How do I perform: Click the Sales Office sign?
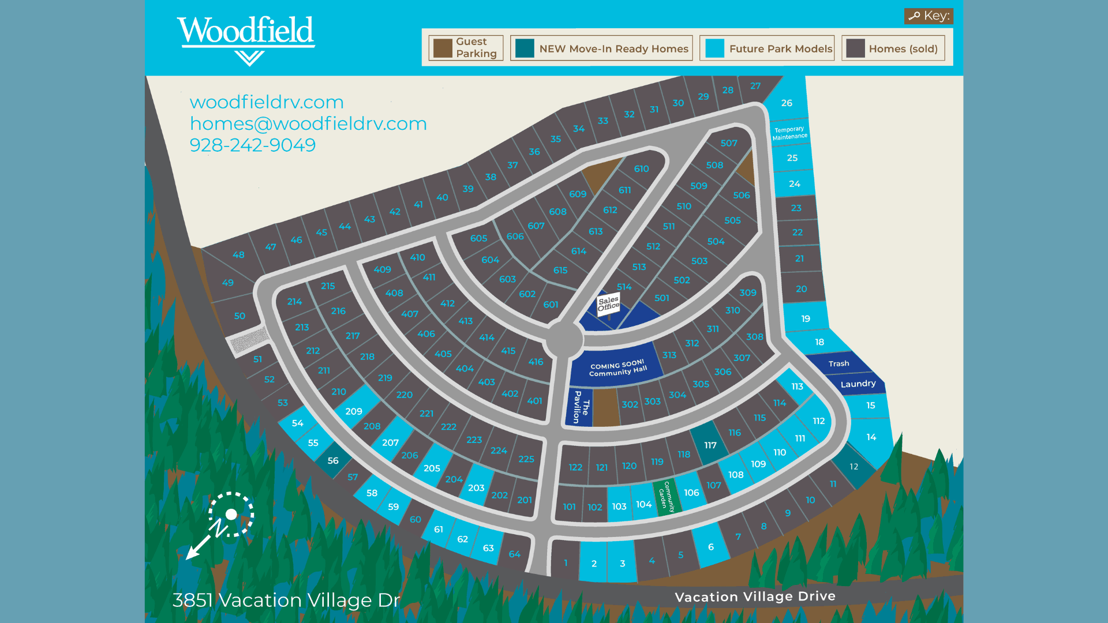(x=608, y=303)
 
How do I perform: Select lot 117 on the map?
(x=710, y=445)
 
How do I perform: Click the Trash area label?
(x=839, y=363)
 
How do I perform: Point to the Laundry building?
(x=858, y=384)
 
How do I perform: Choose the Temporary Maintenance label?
(x=789, y=133)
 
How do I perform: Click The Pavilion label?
(x=581, y=407)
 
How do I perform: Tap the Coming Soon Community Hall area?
(x=617, y=368)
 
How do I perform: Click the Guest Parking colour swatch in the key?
(x=443, y=48)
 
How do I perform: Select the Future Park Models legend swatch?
(x=714, y=48)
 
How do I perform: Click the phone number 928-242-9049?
(x=253, y=145)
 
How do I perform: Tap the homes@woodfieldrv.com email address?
(x=308, y=123)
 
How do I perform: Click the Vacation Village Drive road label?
(x=755, y=596)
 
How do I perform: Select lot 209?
(x=354, y=411)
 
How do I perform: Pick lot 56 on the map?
(x=333, y=460)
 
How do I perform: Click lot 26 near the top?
(x=787, y=103)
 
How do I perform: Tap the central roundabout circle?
(x=564, y=340)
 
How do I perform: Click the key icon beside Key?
(x=914, y=16)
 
